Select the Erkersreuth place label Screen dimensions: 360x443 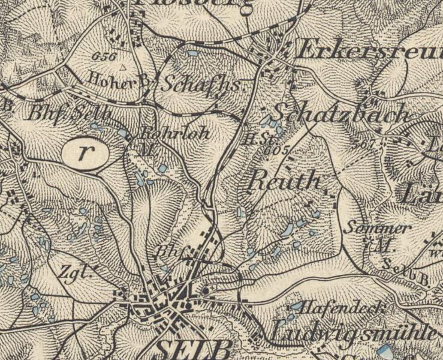click(x=369, y=52)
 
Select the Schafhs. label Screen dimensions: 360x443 click(x=203, y=85)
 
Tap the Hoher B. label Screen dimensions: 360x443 click(x=117, y=77)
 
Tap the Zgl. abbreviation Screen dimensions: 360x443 click(x=77, y=272)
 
